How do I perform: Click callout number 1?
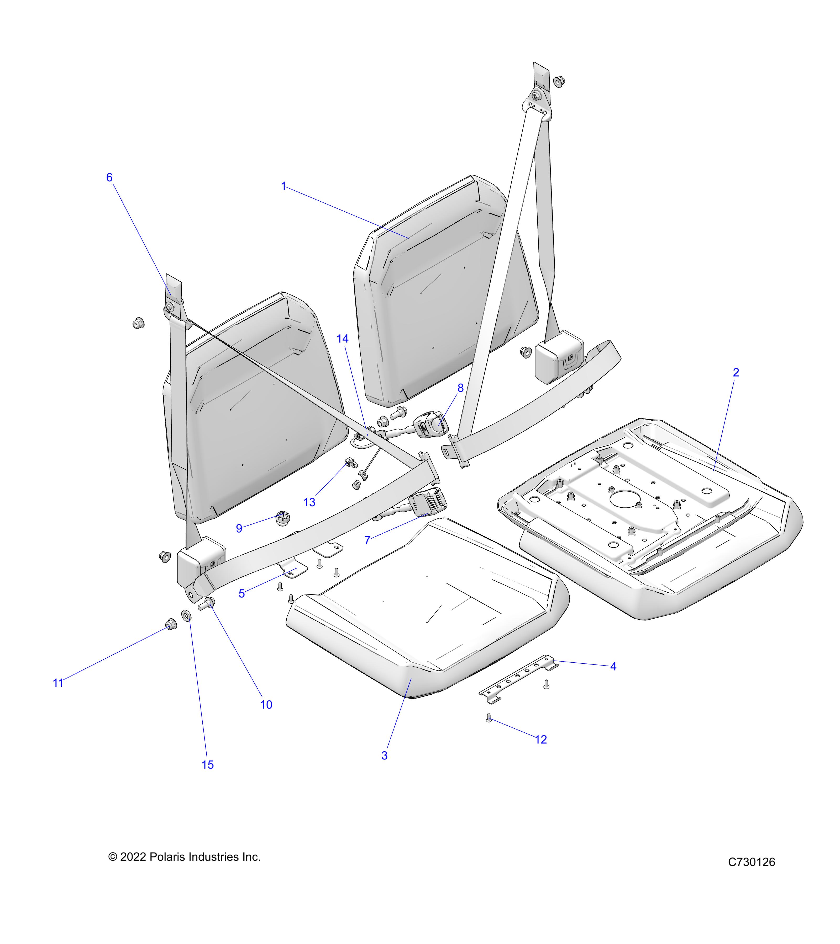coord(284,187)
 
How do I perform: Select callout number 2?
coord(736,372)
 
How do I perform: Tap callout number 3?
coord(384,755)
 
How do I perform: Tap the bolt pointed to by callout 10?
coord(207,604)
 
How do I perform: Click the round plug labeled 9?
coord(282,518)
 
